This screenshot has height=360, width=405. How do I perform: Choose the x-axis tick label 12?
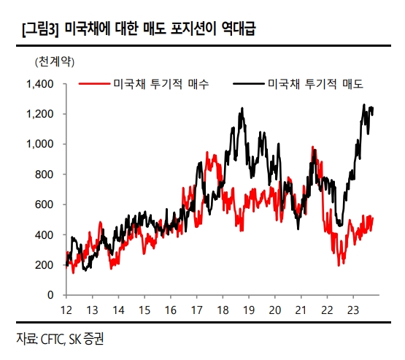(x=66, y=309)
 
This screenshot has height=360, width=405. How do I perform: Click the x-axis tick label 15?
(x=144, y=309)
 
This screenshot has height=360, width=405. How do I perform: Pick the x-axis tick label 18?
(x=223, y=309)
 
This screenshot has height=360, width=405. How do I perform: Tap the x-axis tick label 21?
(x=301, y=309)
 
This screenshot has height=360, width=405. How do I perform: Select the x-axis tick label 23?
(x=353, y=309)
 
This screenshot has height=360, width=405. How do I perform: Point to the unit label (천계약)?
(x=53, y=58)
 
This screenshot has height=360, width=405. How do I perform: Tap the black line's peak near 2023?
(x=364, y=105)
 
